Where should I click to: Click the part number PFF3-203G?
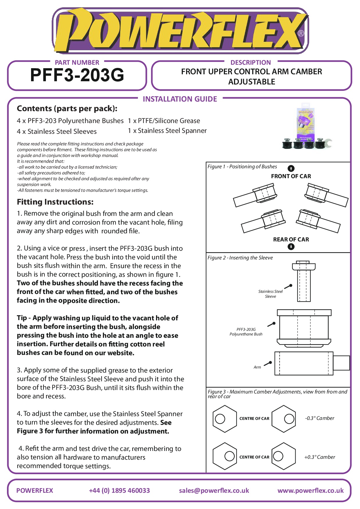pyautogui.click(x=77, y=75)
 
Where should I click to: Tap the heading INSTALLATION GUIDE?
pyautogui.click(x=180, y=99)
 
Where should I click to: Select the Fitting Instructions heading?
pyautogui.click(x=55, y=202)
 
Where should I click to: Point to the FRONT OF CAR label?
pyautogui.click(x=291, y=176)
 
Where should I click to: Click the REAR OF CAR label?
pyautogui.click(x=291, y=240)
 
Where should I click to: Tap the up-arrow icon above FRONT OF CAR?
pyautogui.click(x=291, y=168)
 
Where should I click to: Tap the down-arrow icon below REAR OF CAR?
pyautogui.click(x=291, y=247)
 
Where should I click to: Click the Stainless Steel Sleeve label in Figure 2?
pyautogui.click(x=270, y=294)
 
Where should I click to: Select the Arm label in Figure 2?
pyautogui.click(x=257, y=367)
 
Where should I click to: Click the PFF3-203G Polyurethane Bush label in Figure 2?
pyautogui.click(x=246, y=332)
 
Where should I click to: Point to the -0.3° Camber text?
pyautogui.click(x=320, y=418)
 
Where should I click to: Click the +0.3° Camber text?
pyautogui.click(x=320, y=457)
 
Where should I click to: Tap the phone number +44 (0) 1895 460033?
pyautogui.click(x=119, y=491)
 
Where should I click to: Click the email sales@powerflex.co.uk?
pyautogui.click(x=214, y=491)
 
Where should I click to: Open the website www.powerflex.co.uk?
pyautogui.click(x=310, y=491)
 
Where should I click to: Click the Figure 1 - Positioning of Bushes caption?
pyautogui.click(x=242, y=167)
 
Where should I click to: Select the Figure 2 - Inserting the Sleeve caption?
pyautogui.click(x=240, y=258)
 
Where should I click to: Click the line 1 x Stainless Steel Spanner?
pyautogui.click(x=167, y=131)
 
